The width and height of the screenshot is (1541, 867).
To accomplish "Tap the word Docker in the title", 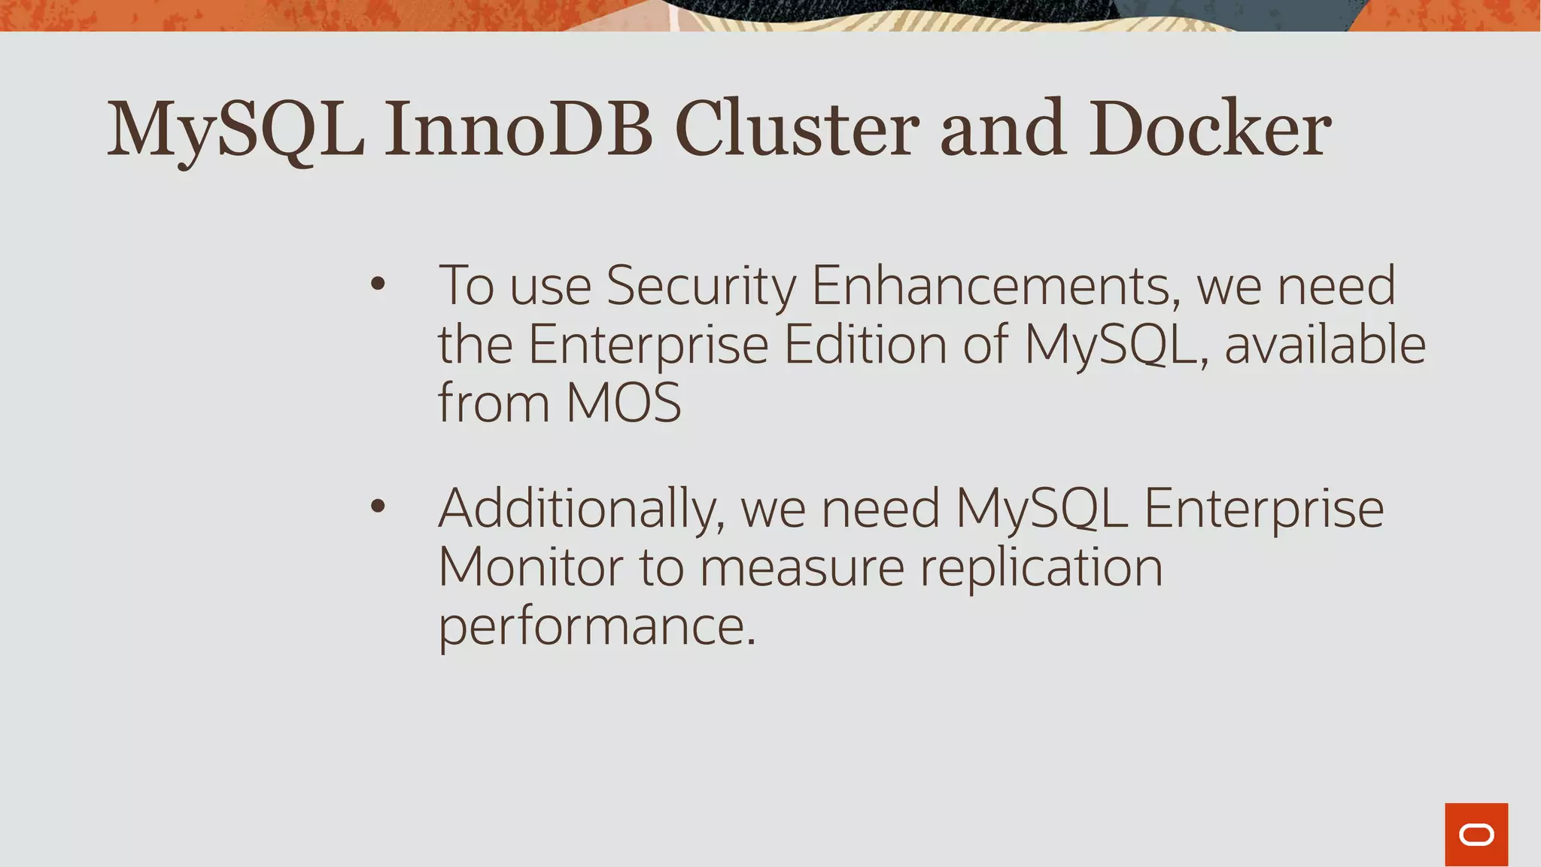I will (1210, 129).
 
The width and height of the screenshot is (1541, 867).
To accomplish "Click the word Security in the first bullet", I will (701, 287).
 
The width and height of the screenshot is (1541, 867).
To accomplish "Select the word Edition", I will (865, 345).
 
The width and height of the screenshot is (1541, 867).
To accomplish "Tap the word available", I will (1325, 345).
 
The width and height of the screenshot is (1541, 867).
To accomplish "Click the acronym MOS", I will (623, 403).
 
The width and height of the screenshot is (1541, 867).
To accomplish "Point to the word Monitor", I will (530, 567).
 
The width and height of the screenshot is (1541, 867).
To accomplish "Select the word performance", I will (596, 628).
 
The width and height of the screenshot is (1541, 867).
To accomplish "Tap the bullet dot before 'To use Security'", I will (378, 284).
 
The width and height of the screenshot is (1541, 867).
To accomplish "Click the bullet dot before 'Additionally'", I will (378, 507).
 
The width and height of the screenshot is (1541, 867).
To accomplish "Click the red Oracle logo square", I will (1476, 834).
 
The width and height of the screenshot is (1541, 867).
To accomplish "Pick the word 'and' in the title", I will (1003, 129).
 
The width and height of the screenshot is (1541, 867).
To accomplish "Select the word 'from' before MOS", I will (494, 403).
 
